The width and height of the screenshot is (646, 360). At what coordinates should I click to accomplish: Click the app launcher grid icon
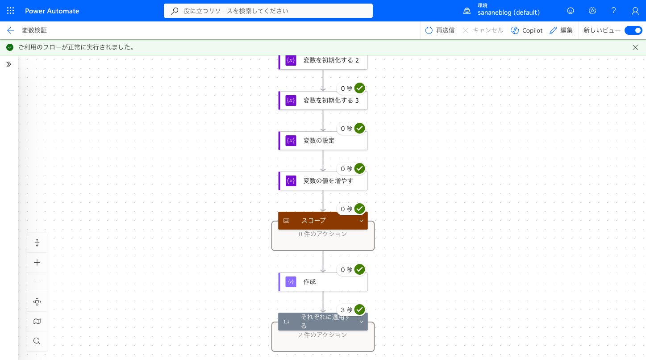point(10,11)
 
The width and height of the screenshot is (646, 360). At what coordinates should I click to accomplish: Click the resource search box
point(268,11)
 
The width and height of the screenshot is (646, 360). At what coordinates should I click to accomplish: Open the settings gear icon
point(592,11)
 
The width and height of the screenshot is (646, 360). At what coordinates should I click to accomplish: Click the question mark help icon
point(614,11)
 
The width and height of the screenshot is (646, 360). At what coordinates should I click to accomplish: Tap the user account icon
point(635,11)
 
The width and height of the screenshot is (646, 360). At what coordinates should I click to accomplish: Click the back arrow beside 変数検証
point(11,30)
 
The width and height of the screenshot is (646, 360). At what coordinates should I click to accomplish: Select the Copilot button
point(527,30)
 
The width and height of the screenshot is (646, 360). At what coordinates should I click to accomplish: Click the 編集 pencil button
point(561,30)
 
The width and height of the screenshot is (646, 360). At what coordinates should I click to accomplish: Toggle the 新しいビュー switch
point(633,30)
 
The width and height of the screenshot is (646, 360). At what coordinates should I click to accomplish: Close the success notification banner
point(635,47)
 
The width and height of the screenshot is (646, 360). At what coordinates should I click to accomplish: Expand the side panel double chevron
point(9,64)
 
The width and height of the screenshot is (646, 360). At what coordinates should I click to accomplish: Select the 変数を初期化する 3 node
point(323,100)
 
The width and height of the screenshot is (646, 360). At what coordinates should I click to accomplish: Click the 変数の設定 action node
point(323,141)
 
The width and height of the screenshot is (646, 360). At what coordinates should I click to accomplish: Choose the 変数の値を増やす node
point(323,181)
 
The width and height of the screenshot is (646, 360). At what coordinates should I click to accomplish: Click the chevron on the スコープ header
point(361,221)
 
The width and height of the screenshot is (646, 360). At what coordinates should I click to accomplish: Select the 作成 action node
point(323,281)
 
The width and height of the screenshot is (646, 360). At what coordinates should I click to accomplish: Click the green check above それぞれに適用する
point(360,310)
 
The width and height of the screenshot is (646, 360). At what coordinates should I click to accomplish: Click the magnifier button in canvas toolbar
point(37,341)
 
